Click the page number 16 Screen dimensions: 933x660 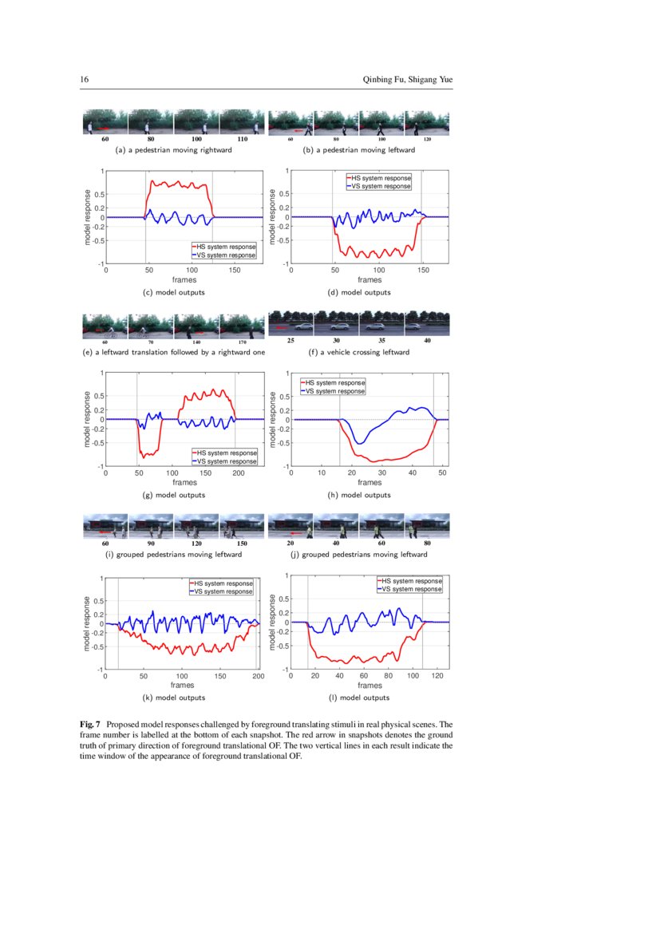point(84,80)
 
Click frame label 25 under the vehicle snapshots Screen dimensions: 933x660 point(291,341)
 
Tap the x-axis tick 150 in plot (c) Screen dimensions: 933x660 point(235,271)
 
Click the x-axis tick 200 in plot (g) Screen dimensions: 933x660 point(239,473)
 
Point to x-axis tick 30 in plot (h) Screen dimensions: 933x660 point(382,473)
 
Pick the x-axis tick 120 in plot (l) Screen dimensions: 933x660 point(437,676)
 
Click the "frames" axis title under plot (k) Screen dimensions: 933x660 point(181,686)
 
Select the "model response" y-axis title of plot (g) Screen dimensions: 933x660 point(88,419)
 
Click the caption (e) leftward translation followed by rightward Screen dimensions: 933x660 point(174,352)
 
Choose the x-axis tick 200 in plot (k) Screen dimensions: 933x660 point(256,676)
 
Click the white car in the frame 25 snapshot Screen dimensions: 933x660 point(302,326)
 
